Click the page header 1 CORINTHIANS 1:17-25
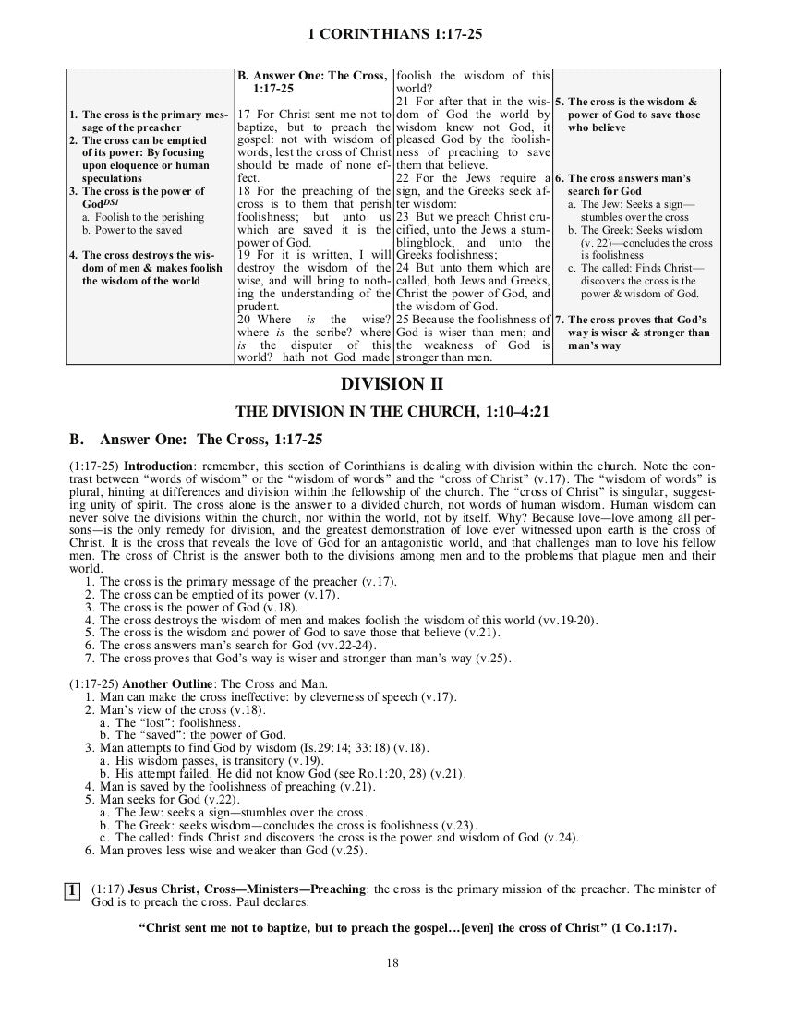click(x=393, y=35)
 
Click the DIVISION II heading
click(x=392, y=384)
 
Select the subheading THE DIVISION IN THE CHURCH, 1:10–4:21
click(x=392, y=412)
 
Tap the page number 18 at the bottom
click(x=392, y=963)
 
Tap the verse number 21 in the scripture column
click(x=403, y=101)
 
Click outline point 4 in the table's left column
click(x=147, y=268)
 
